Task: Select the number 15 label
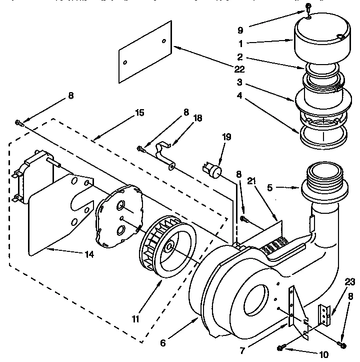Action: (139, 113)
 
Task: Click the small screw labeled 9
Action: (308, 9)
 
